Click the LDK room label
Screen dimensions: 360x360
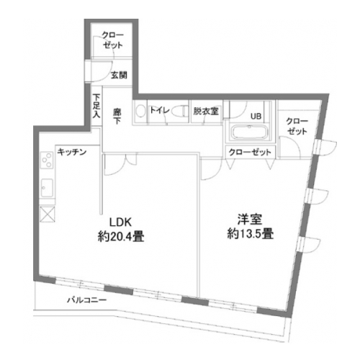point(120,222)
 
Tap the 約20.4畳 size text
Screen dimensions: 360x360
point(121,236)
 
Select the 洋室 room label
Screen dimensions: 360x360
point(250,219)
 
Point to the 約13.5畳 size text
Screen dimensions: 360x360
point(251,233)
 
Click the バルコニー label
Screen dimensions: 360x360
point(86,300)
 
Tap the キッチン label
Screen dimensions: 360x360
point(72,152)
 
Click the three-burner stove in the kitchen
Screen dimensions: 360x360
point(47,160)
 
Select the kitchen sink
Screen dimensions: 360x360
point(47,187)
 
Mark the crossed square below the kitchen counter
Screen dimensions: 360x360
point(47,214)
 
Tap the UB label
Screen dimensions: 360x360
point(256,117)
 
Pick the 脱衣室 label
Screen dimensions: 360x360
point(206,111)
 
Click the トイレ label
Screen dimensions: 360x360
point(160,111)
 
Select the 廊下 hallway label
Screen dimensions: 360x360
point(117,117)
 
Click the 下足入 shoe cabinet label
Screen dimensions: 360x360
point(96,106)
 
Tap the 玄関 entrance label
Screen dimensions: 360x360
point(119,76)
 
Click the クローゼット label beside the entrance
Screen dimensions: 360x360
point(112,40)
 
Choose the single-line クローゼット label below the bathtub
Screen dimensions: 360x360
point(250,152)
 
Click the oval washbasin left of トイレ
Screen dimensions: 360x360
point(140,112)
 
